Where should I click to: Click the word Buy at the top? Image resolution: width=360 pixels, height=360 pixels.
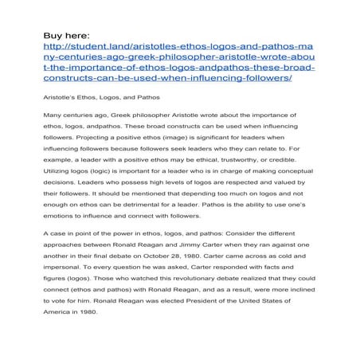[x=53, y=35]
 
